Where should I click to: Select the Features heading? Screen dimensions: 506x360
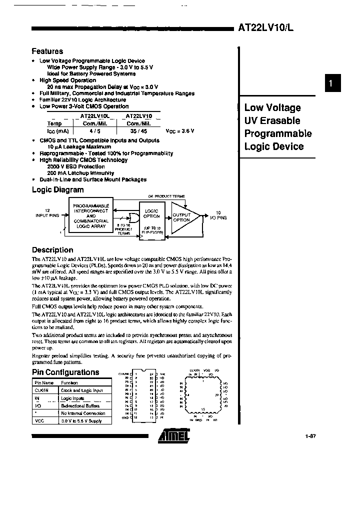click(47, 51)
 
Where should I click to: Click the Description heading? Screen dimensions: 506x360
click(52, 250)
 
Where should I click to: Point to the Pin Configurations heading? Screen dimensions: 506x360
click(65, 372)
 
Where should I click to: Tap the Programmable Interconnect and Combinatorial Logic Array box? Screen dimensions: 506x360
click(91, 216)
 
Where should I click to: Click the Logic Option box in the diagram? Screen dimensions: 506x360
click(151, 214)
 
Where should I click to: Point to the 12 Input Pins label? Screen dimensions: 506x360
click(47, 212)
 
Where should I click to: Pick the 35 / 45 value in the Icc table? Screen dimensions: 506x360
click(135, 130)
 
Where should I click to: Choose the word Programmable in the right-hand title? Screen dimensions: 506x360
click(277, 133)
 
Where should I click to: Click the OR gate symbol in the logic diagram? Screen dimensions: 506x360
click(132, 217)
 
